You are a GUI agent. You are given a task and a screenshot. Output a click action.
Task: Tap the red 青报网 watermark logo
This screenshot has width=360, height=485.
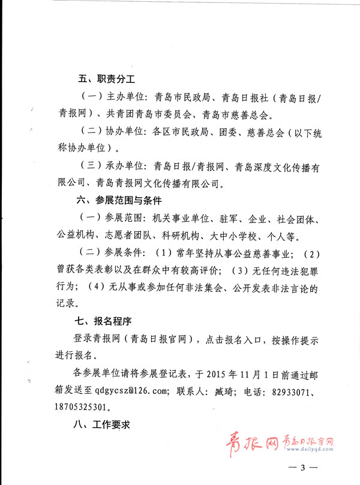tap(253, 445)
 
